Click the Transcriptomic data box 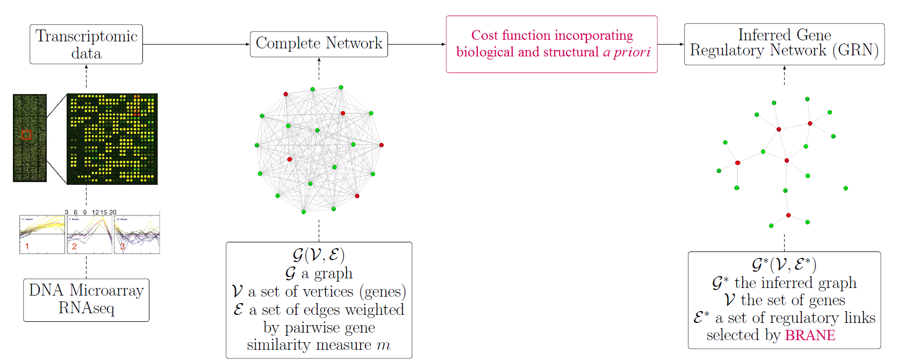[x=86, y=45]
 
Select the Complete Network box [x=319, y=44]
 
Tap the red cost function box [x=551, y=44]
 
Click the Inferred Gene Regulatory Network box [x=784, y=44]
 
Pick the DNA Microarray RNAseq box [x=86, y=300]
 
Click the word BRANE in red [x=810, y=335]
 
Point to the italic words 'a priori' [x=627, y=52]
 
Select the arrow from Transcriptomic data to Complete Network [x=196, y=45]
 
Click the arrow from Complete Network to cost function [x=416, y=45]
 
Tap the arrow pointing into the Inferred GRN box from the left [x=671, y=45]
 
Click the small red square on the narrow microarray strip [x=26, y=135]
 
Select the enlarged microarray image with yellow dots [x=112, y=139]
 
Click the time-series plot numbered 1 [x=42, y=235]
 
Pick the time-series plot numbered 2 [x=89, y=235]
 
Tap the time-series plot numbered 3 [x=137, y=235]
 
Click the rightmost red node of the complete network [x=382, y=145]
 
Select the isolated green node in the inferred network [x=845, y=189]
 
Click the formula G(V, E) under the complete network [x=319, y=255]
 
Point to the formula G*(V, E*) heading [x=784, y=264]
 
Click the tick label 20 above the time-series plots [x=113, y=212]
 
